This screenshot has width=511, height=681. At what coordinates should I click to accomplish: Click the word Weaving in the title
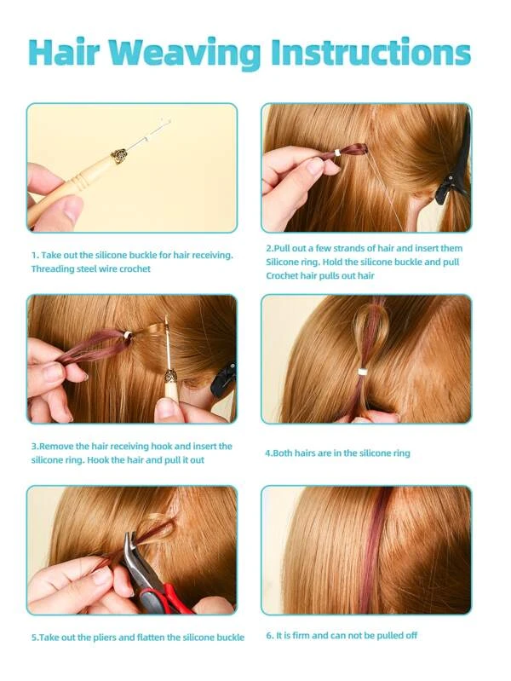click(x=187, y=54)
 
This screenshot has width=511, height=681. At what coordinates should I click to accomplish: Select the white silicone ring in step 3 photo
click(x=128, y=335)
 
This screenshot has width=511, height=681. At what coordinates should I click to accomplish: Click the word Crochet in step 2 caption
click(x=282, y=276)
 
